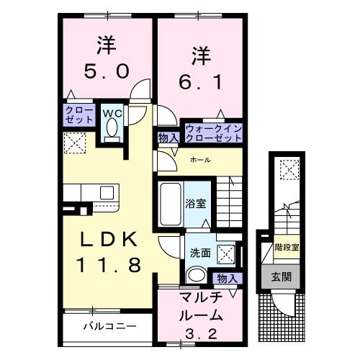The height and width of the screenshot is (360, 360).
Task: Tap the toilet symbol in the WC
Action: [x=112, y=129]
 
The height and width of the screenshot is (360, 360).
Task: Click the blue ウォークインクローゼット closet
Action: [x=213, y=132]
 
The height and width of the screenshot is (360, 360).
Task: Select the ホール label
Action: [x=200, y=159]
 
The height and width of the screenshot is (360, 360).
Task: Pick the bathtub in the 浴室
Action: [x=171, y=204]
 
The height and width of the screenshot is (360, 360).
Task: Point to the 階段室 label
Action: [x=287, y=248]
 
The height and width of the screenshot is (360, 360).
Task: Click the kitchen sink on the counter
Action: [x=106, y=192]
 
